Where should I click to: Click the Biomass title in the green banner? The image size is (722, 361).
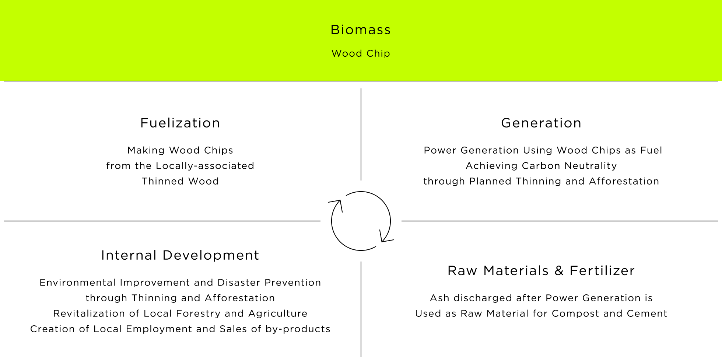coord(361,30)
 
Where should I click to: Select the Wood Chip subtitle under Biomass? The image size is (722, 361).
coord(361,54)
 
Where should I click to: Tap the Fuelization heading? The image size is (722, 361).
coord(180,123)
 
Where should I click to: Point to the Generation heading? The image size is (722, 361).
coord(541,123)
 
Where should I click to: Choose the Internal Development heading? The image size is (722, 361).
coord(180,255)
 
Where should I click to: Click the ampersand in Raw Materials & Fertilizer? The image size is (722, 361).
coord(559,271)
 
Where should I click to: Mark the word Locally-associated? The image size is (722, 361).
coord(205,166)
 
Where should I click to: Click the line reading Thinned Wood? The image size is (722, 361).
coord(180,181)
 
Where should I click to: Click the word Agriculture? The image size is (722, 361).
coord(278,314)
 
